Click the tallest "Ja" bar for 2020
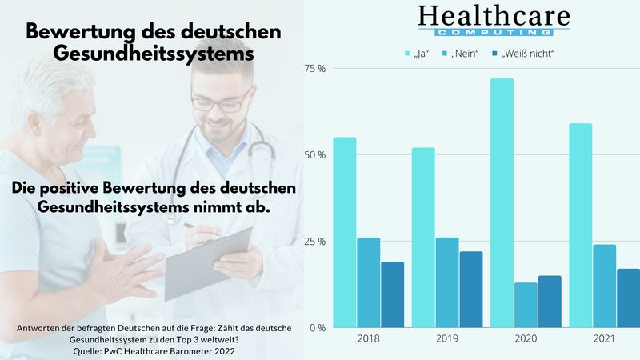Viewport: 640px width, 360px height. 502,203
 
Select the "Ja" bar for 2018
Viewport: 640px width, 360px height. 345,232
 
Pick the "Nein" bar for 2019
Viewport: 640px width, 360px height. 447,282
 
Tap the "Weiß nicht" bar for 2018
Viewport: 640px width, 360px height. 392,294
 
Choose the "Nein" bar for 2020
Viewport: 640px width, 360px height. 526,305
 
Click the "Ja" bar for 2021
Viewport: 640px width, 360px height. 581,226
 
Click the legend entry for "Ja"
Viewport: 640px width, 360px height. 417,54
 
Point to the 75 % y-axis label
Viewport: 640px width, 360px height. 315,69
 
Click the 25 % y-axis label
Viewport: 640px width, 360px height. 315,242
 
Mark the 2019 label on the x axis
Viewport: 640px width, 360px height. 447,339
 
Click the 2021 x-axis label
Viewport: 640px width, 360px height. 604,339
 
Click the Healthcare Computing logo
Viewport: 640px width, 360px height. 494,20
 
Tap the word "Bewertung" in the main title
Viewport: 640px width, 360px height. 78,33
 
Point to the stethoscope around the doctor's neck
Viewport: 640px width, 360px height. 264,144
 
